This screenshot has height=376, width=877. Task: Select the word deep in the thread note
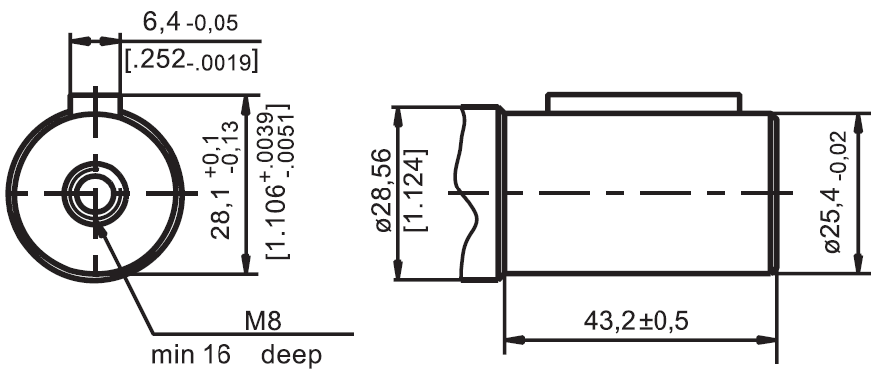[x=292, y=355]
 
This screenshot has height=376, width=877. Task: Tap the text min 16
[x=191, y=355]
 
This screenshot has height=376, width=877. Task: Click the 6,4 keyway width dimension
[x=191, y=23]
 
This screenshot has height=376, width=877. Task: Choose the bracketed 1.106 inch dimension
[x=279, y=182]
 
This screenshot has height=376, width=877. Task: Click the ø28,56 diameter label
[x=383, y=190]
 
